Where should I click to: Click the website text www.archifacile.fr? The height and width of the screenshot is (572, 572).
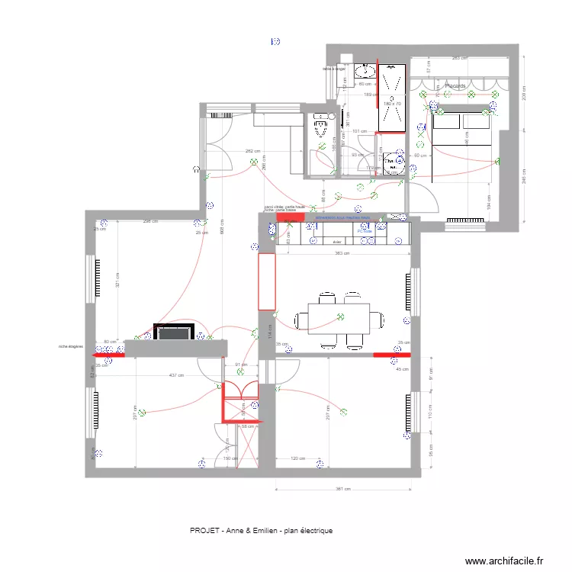click(505, 560)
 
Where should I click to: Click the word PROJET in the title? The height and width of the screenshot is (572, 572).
click(202, 529)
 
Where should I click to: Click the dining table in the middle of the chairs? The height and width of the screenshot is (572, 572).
click(339, 317)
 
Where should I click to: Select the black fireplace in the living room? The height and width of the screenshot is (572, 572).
click(173, 332)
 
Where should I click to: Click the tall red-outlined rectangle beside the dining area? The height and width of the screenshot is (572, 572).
click(266, 281)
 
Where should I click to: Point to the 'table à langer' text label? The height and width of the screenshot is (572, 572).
click(334, 69)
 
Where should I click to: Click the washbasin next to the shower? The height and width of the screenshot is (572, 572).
click(366, 72)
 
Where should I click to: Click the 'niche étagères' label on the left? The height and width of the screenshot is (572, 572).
click(70, 346)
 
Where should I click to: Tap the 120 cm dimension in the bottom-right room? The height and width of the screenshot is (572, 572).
click(298, 459)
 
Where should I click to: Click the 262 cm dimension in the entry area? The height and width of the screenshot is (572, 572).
click(251, 151)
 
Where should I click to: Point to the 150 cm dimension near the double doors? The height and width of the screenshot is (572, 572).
click(228, 459)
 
